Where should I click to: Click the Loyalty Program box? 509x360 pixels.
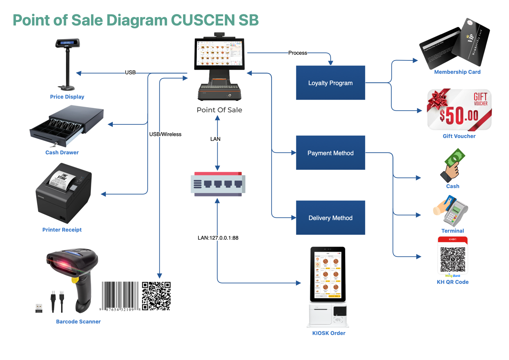point(330,83)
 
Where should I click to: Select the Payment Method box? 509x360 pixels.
point(330,153)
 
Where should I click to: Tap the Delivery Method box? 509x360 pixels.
point(330,218)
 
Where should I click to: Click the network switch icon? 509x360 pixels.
point(218,184)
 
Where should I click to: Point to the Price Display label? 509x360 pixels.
point(67,97)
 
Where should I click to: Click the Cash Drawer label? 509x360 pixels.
point(62,152)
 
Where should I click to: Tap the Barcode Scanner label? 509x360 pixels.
point(78,321)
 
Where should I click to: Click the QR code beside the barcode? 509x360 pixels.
point(156,296)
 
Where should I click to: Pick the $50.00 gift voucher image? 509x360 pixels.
point(459,110)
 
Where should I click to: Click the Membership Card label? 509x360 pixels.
point(457,72)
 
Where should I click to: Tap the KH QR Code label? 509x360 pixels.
point(453,282)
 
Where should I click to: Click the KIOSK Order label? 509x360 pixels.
point(329,333)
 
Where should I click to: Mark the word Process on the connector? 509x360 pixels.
point(298,53)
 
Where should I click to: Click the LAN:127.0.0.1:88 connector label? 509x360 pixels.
point(218,238)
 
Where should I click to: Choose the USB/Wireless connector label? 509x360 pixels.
point(165,134)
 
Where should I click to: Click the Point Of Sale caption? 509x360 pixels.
point(219,110)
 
